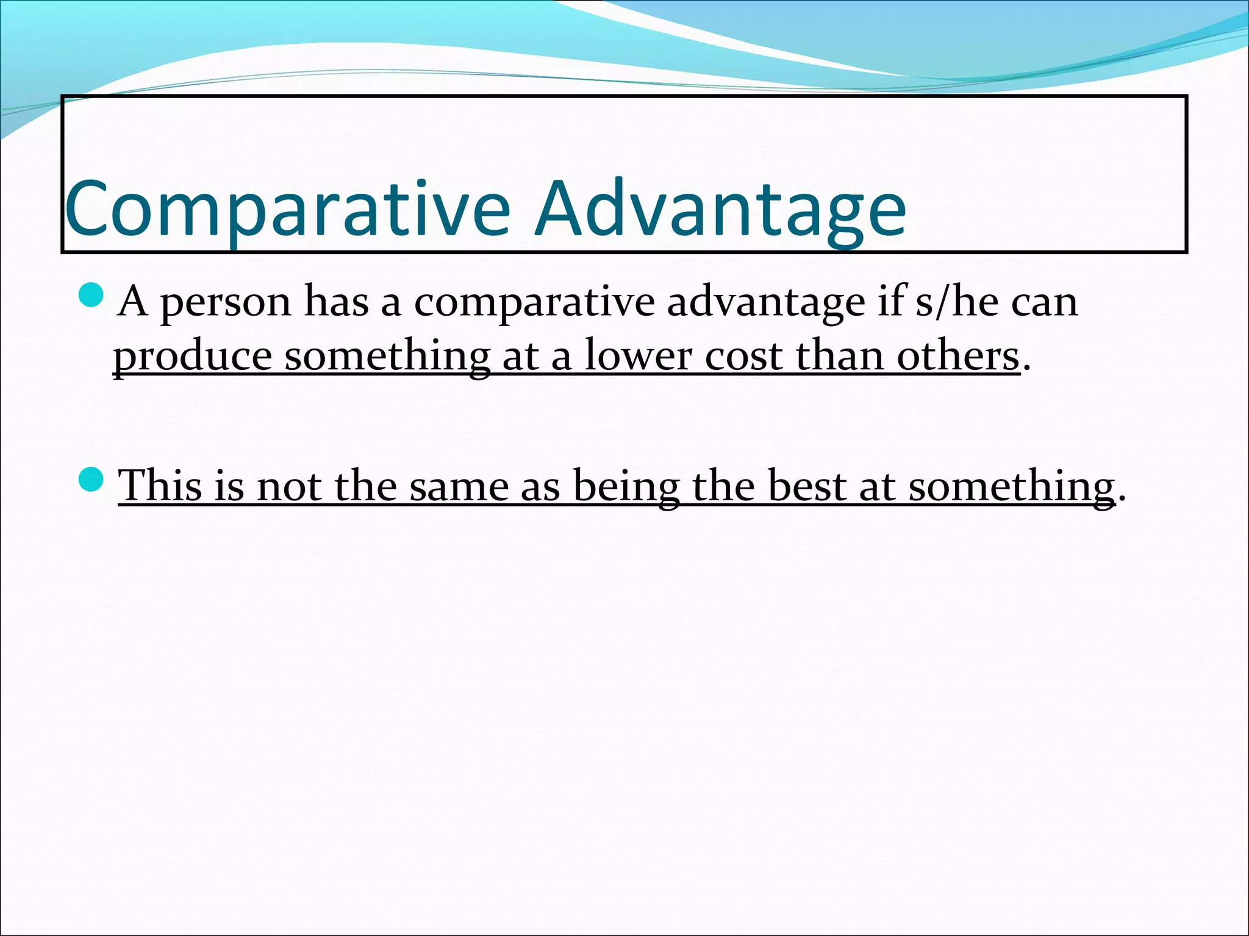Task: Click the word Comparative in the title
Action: [x=287, y=210]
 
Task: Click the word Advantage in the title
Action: [x=720, y=210]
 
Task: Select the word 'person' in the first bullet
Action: [x=226, y=303]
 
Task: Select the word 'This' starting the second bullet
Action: [x=160, y=486]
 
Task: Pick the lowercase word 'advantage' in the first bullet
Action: [x=765, y=303]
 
